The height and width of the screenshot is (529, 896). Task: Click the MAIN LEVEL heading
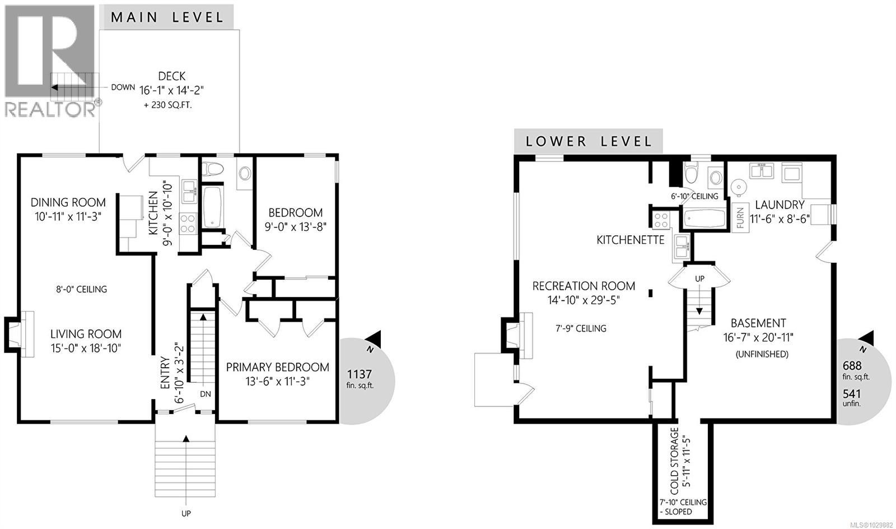[x=167, y=17]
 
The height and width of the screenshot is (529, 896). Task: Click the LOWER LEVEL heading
[x=589, y=141]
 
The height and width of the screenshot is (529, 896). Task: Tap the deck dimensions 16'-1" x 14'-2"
[x=171, y=90]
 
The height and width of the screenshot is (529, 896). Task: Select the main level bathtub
[x=212, y=207]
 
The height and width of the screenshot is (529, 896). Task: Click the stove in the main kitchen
[x=188, y=223]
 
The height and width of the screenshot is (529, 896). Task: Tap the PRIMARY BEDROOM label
[x=277, y=368]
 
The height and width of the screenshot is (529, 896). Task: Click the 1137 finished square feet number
[x=360, y=374]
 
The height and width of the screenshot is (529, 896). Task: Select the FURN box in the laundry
[x=740, y=217]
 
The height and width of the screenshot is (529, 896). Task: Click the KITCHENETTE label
[x=630, y=240]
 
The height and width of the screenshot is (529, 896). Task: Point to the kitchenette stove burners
[x=661, y=219]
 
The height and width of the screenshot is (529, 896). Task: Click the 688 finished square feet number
[x=852, y=365]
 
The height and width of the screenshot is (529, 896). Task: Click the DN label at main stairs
[x=206, y=394]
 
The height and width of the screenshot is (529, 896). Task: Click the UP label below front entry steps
[x=186, y=513]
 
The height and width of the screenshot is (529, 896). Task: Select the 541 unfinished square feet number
[x=852, y=394]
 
